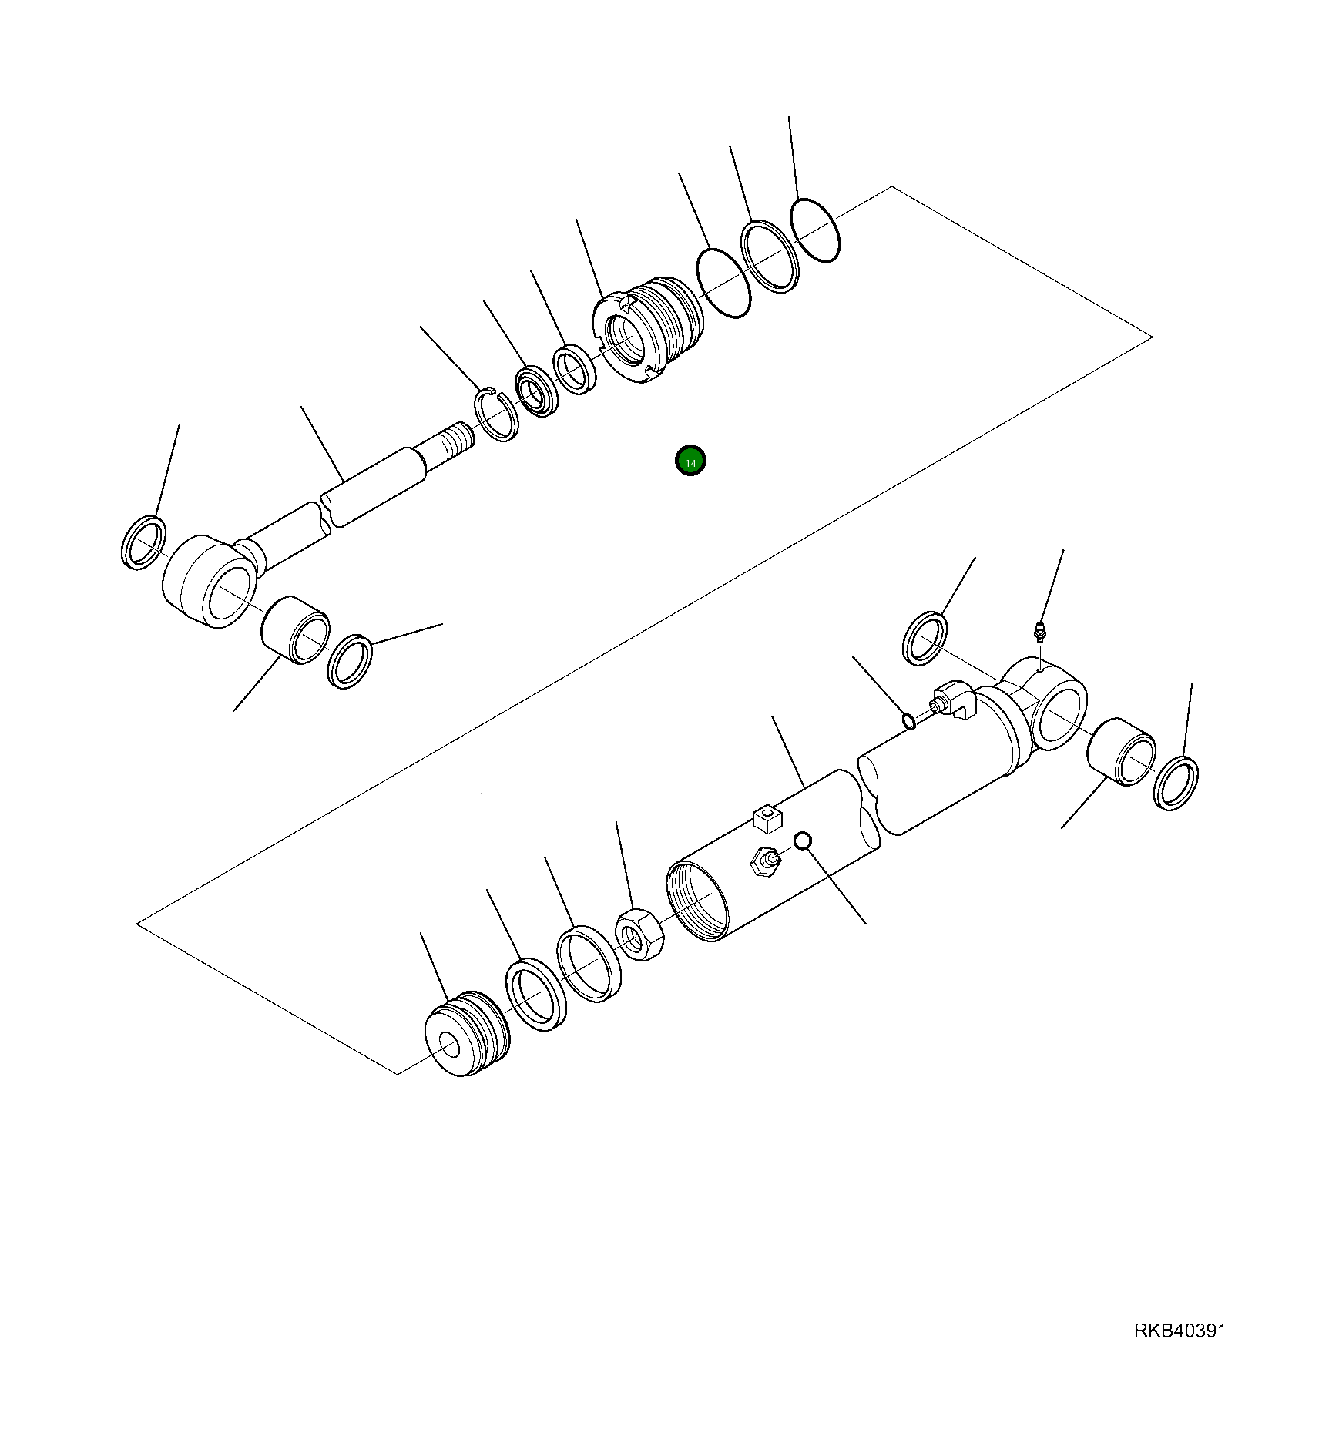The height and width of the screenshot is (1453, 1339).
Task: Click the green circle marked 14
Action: pos(690,461)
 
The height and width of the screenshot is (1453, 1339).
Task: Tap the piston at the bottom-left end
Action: pos(467,1033)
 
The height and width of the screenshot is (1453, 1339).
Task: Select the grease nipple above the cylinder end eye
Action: pos(1040,630)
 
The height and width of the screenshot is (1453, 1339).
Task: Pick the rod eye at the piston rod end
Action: pos(210,582)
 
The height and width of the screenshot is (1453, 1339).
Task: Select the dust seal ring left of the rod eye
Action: pos(144,543)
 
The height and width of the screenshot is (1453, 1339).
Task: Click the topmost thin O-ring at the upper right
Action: pos(815,230)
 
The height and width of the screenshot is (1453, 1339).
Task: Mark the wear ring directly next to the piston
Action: pos(536,995)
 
